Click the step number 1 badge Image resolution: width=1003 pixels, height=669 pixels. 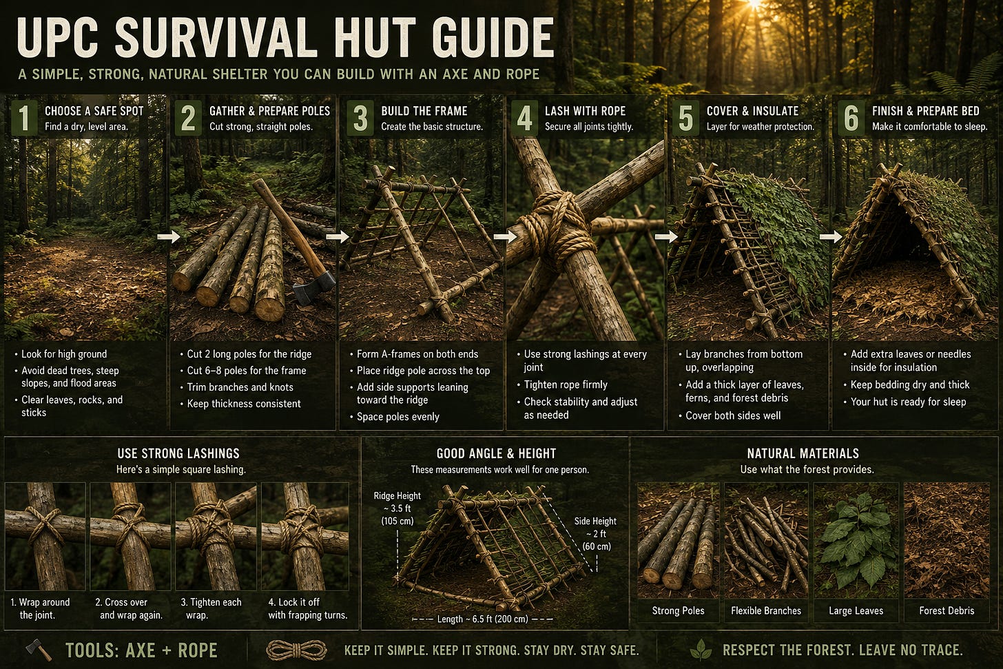[x=24, y=118]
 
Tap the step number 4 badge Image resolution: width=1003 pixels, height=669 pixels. [x=524, y=118]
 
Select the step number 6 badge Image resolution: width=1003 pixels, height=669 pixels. [x=851, y=118]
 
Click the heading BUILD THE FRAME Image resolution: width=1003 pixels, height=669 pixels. [x=424, y=111]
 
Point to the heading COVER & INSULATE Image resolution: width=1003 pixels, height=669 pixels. [x=753, y=111]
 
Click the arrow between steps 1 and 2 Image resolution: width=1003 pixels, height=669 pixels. [x=169, y=236]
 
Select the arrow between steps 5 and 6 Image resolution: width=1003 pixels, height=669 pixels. [x=831, y=236]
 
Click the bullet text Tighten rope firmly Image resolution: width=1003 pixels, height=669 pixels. [x=566, y=384]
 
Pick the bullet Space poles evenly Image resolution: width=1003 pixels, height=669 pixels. [x=397, y=416]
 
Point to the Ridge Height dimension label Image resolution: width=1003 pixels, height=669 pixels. [x=397, y=508]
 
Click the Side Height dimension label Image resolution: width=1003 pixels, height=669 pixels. [x=595, y=534]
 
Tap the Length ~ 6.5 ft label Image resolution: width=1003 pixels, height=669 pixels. [x=483, y=619]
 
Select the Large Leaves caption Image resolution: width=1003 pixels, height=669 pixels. [x=856, y=611]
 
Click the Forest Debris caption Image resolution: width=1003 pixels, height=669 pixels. [x=947, y=611]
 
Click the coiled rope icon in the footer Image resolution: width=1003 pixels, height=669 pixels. [x=296, y=650]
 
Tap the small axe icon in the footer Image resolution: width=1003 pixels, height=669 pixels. [x=39, y=650]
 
